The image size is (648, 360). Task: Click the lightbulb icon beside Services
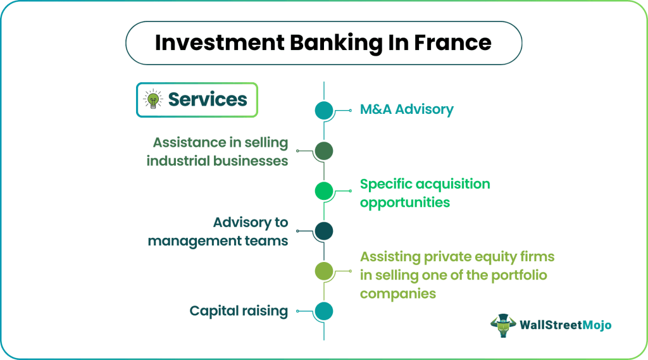(x=153, y=99)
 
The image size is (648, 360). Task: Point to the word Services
(x=208, y=99)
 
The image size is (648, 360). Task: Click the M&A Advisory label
(x=406, y=109)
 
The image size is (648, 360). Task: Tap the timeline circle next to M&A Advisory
(x=324, y=111)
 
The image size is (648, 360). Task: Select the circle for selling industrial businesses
(x=324, y=151)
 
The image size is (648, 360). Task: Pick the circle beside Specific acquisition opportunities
(x=324, y=190)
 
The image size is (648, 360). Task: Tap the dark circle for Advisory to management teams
(x=324, y=231)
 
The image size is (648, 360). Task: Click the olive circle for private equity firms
(x=324, y=271)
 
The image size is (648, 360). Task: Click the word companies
(x=398, y=294)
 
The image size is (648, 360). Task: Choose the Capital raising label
(x=239, y=311)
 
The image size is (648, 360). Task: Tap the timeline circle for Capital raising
(x=324, y=311)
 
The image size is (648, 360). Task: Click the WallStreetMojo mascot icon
(x=503, y=324)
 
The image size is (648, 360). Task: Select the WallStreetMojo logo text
(x=566, y=325)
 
